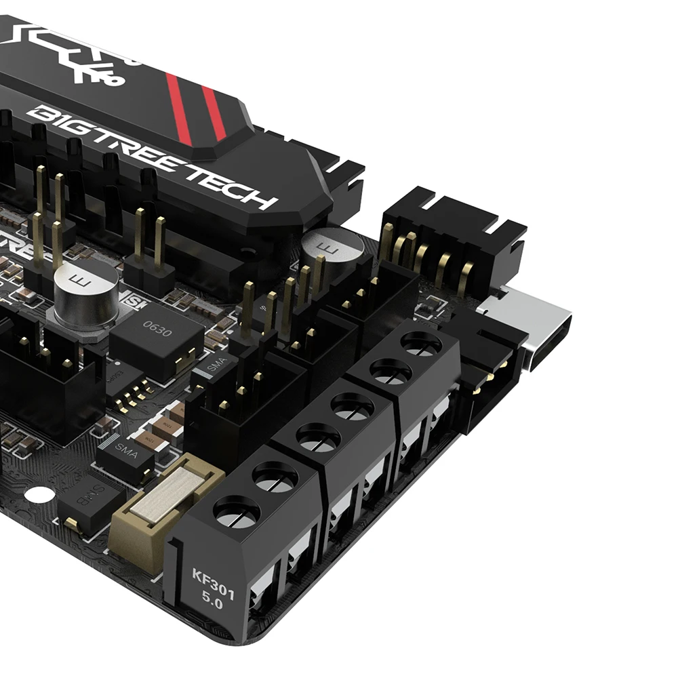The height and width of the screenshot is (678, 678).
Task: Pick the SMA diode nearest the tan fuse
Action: click(125, 454)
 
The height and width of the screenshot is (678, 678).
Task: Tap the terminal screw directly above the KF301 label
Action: click(237, 513)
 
